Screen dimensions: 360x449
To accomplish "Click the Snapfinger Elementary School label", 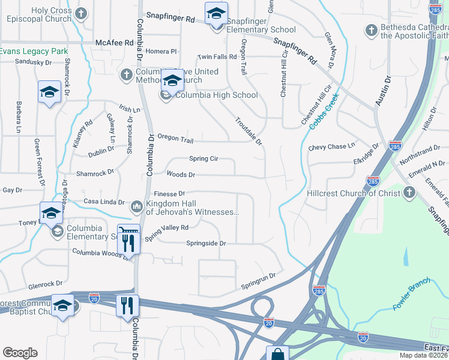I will point(262,30).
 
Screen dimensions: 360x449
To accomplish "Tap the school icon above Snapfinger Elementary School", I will point(215,12).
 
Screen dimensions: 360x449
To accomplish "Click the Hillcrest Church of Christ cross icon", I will point(409,192).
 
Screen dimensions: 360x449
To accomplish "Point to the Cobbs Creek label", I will point(325,110).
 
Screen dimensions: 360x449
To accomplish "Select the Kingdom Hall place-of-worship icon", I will point(136,207).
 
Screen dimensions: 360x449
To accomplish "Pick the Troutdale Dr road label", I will point(249,131).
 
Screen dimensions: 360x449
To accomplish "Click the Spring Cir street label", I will point(203,159).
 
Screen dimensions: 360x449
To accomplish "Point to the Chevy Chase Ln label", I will point(332,146).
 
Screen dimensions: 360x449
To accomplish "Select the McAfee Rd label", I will point(114,43).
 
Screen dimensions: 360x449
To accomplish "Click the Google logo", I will point(20,353).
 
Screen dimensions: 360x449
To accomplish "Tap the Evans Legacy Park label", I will point(34,51).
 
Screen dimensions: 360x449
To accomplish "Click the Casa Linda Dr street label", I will point(104,202).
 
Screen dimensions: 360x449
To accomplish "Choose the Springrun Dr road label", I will point(258,279).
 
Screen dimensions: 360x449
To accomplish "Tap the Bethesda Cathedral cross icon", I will point(371,29).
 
